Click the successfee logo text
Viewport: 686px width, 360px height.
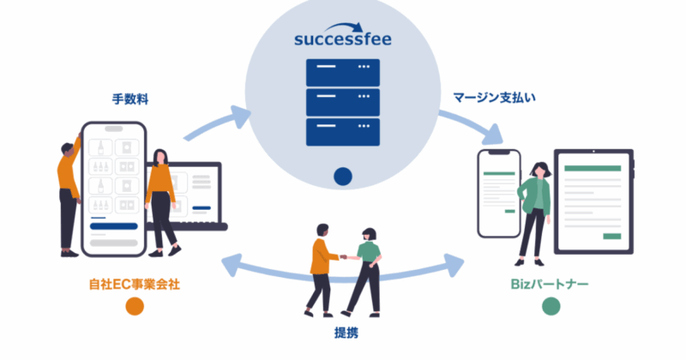tap(343, 40)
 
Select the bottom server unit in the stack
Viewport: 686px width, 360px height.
tap(343, 132)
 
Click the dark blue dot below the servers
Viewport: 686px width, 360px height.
tap(343, 177)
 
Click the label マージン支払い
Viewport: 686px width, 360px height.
tap(494, 100)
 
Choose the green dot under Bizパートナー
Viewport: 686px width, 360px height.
tap(552, 306)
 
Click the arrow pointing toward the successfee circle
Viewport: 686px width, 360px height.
tap(214, 124)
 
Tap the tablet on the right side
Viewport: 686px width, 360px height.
tap(593, 203)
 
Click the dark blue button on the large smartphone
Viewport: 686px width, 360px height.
tap(113, 227)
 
